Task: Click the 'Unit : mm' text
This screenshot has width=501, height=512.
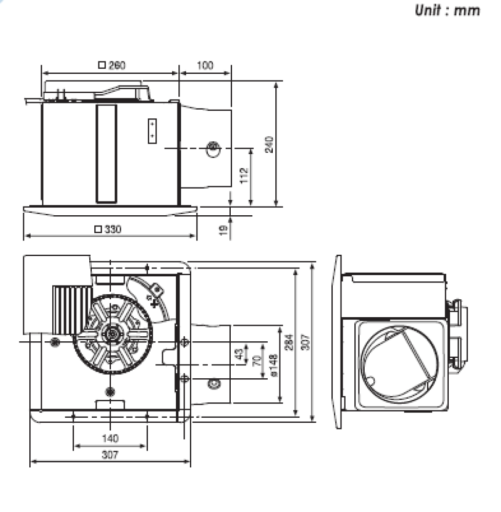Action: pos(447,10)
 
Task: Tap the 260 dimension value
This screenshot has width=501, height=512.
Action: pos(117,65)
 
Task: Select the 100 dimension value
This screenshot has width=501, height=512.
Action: pos(205,65)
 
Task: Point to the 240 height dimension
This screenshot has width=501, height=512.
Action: pos(269,145)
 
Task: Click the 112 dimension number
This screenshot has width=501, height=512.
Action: pos(244,176)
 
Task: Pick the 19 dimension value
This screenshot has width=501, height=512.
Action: pos(223,230)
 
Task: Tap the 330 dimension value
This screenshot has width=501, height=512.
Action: pos(113,229)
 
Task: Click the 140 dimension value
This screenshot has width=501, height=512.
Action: pos(110,438)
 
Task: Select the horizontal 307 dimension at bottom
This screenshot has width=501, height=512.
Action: pos(110,455)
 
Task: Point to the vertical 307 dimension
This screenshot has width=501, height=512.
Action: pos(305,342)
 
